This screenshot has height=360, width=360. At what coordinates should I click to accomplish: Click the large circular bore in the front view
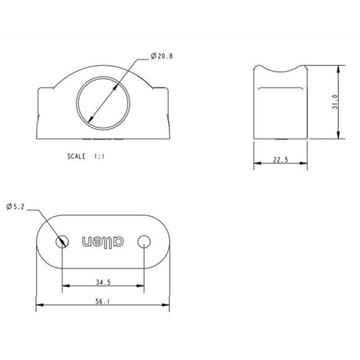[104, 102]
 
